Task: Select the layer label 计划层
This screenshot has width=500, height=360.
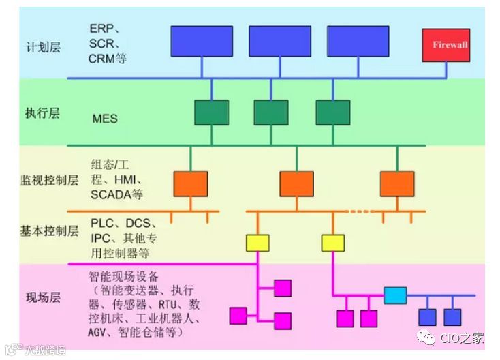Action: coord(43,47)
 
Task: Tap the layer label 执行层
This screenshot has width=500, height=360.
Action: coord(43,112)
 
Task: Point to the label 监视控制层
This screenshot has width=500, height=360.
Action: coord(49,181)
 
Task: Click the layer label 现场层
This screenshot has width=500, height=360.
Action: coord(43,297)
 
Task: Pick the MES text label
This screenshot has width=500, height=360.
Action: coord(105,119)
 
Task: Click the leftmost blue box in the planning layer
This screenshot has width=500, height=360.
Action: coord(202,41)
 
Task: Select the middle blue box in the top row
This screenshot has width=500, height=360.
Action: coord(280,41)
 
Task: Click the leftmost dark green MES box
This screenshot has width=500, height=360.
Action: coord(211,112)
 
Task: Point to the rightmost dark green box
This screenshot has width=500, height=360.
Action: coord(332,112)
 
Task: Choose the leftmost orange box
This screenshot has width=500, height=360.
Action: coord(190,183)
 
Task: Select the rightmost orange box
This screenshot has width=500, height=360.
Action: coord(397,183)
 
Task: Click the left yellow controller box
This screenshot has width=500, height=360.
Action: coord(257,242)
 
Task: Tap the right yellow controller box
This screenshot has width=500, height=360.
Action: coord(333,242)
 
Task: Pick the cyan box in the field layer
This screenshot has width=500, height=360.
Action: coord(395,295)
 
